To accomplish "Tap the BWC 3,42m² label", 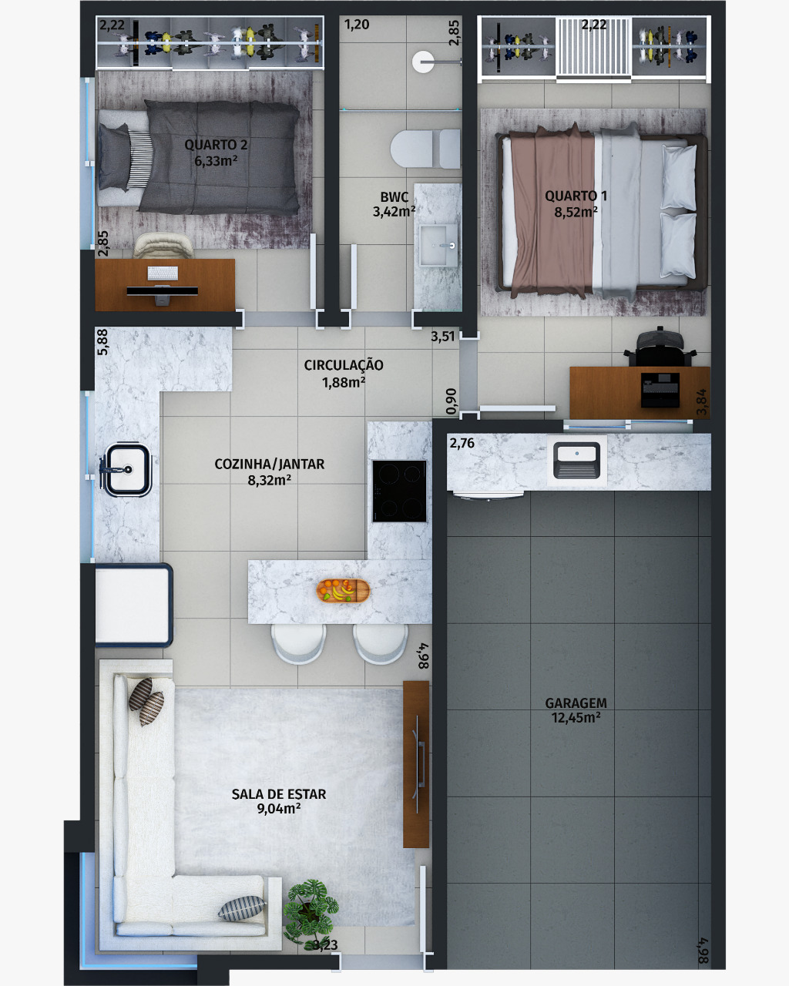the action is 394,204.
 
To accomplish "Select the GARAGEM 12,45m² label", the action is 576,710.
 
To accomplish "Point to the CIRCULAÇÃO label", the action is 344,365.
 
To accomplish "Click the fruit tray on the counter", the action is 343,591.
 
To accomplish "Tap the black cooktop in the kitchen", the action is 399,491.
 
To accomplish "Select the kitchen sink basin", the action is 127,469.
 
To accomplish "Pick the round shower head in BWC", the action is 423,62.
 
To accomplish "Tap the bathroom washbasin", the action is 438,245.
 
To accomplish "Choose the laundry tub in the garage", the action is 577,460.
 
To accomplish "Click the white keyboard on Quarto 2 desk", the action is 163,273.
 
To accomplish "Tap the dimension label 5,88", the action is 103,342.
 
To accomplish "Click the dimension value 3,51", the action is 442,337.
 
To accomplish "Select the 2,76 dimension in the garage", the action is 462,443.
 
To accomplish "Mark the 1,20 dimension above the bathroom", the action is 357,25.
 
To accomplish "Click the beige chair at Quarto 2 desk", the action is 163,246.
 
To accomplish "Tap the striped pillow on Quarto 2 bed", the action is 139,158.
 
